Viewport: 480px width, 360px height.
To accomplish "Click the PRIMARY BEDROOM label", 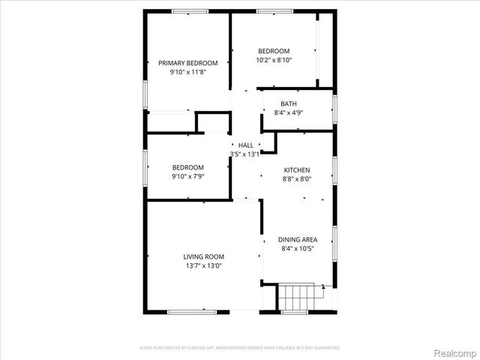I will pos(187,63).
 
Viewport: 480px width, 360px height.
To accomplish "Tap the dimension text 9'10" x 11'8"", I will pos(187,72).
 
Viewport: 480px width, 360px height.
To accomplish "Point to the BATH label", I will pos(289,103).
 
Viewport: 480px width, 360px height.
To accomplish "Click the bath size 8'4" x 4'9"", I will pos(289,112).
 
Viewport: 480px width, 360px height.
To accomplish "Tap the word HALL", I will pos(245,145).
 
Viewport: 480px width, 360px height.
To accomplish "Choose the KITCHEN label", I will pos(296,170).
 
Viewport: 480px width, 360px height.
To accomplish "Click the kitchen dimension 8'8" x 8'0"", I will pos(296,179).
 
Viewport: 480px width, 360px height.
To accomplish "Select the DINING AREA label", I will pos(296,239).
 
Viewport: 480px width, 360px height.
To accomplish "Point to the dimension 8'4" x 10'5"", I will pos(296,248).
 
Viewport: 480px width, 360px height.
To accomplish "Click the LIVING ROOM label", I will pos(203,256).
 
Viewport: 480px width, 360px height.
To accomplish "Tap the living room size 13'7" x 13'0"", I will pos(203,265).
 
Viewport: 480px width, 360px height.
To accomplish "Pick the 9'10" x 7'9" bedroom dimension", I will pos(187,176).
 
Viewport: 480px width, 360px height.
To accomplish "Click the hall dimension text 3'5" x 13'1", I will pos(244,154).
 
